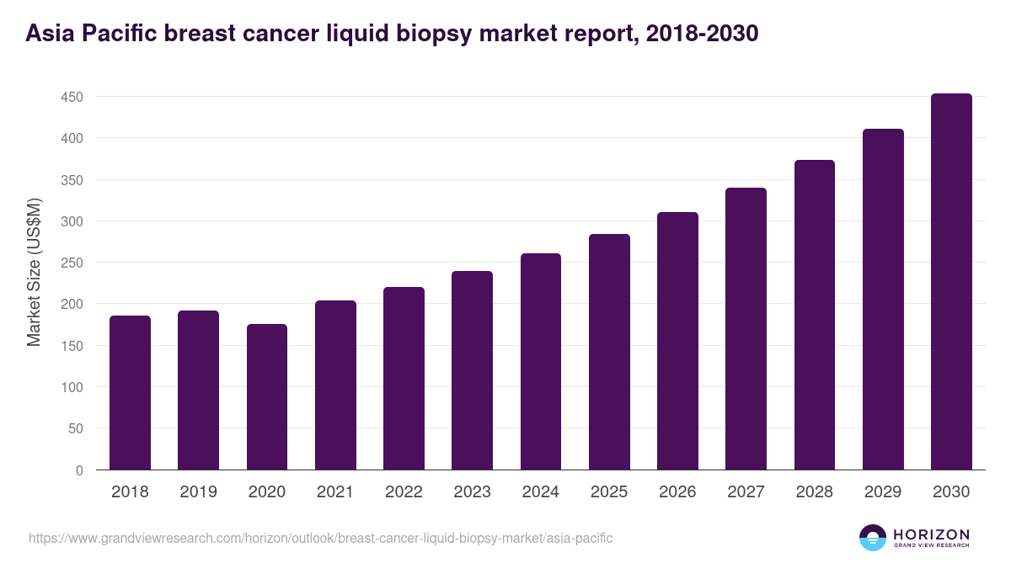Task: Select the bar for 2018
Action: click(130, 393)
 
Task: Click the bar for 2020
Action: click(267, 397)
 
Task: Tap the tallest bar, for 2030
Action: click(951, 282)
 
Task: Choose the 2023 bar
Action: click(472, 370)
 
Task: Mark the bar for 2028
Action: click(815, 315)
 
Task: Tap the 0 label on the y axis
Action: click(79, 470)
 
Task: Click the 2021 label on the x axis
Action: click(334, 492)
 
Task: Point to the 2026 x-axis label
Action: click(677, 492)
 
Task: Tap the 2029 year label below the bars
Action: click(883, 492)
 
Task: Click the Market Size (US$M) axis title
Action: click(34, 272)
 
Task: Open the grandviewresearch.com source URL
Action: click(320, 538)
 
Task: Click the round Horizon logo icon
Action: click(873, 538)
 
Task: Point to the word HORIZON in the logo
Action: click(931, 533)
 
